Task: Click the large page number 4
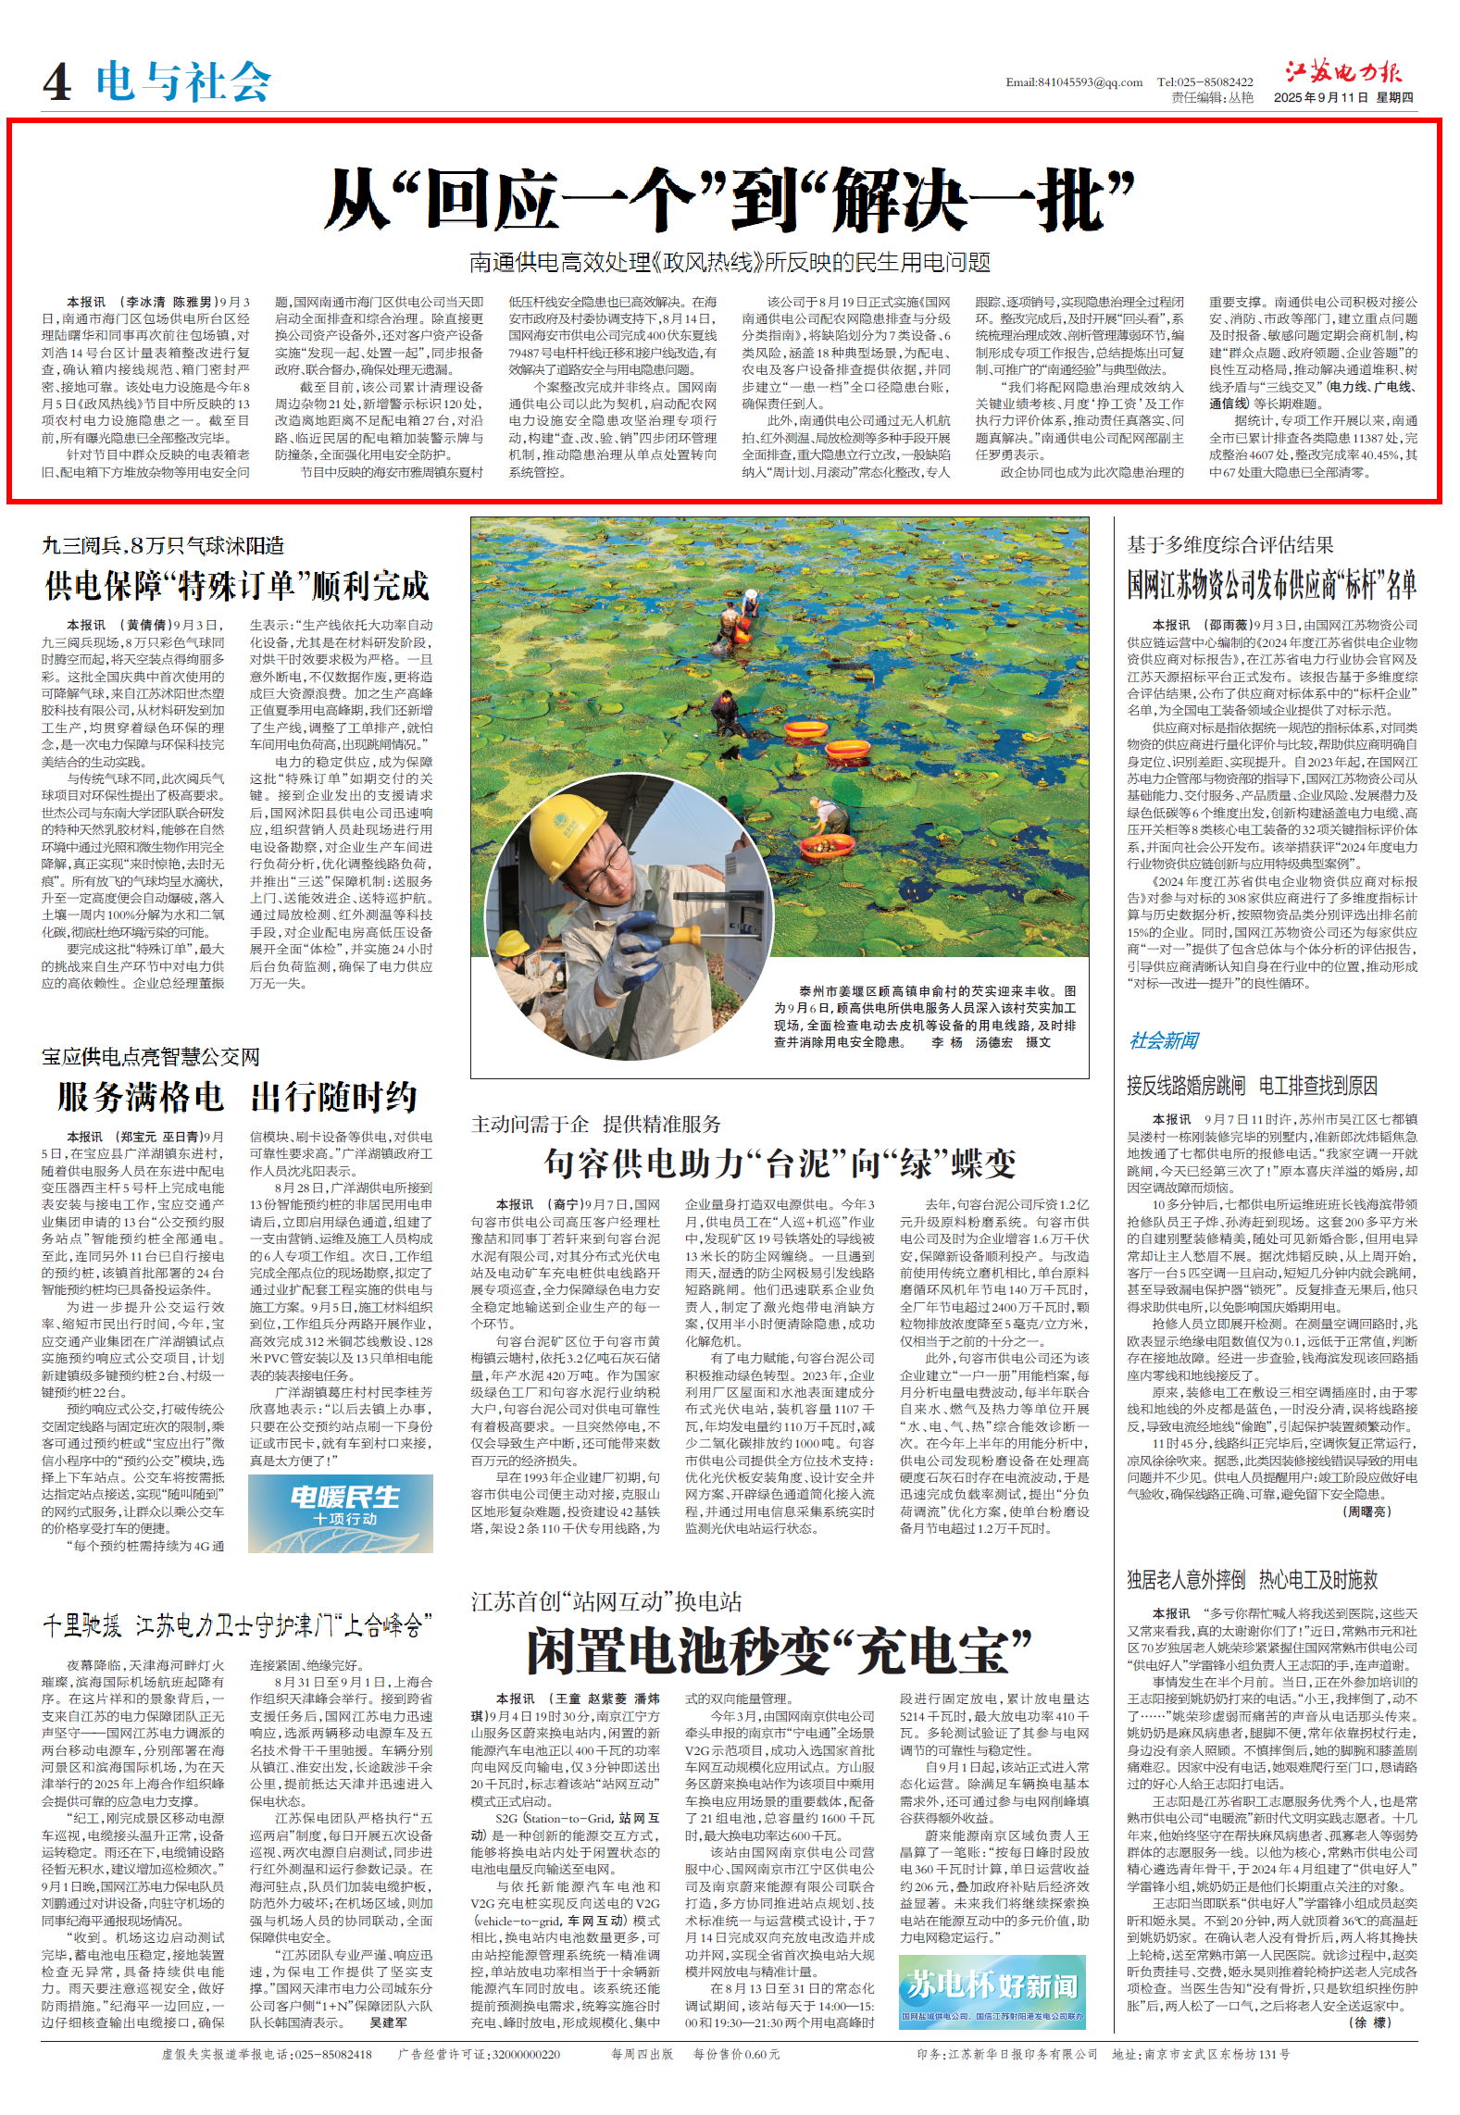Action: click(56, 82)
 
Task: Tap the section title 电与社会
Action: click(183, 81)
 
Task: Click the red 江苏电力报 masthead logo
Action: click(1343, 73)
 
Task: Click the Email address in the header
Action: click(1074, 82)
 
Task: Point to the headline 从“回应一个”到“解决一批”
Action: click(729, 199)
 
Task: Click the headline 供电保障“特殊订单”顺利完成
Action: click(237, 586)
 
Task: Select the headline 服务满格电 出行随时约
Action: click(237, 1098)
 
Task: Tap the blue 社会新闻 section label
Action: click(1164, 1040)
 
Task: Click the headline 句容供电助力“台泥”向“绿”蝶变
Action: click(780, 1163)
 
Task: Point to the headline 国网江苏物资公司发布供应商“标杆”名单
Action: click(1271, 585)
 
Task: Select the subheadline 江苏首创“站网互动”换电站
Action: click(606, 1601)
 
